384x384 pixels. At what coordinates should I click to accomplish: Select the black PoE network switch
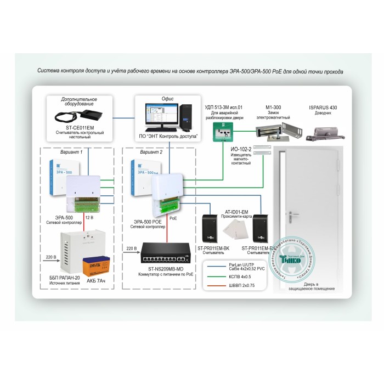pos(165,253)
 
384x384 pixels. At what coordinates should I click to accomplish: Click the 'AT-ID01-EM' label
pos(237,210)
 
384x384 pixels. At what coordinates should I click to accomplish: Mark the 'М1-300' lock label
pos(273,107)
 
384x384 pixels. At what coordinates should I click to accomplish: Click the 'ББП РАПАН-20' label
pos(64,278)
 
